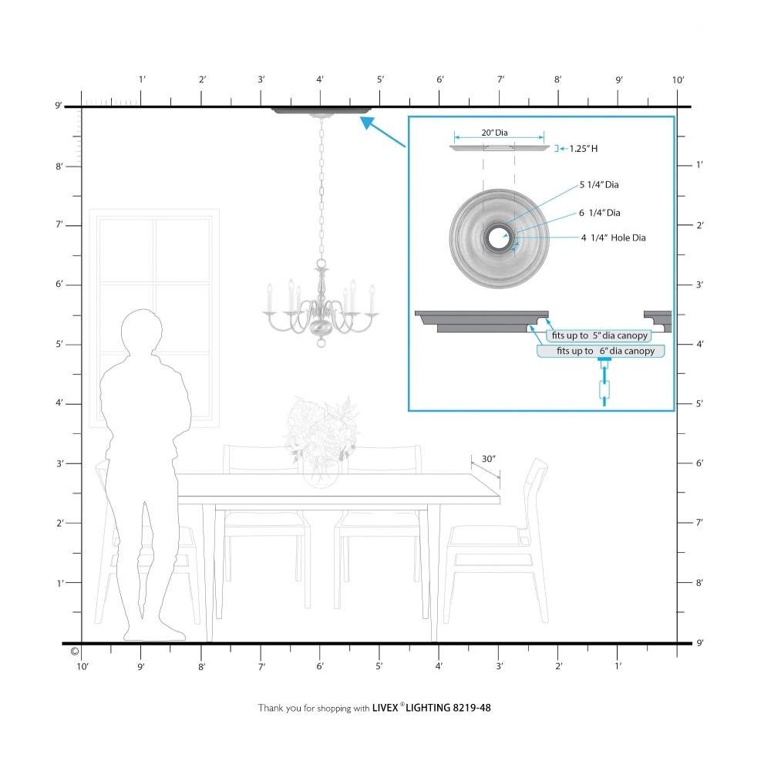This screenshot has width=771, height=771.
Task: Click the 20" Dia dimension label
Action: click(x=494, y=133)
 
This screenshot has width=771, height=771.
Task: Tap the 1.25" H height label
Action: click(x=583, y=149)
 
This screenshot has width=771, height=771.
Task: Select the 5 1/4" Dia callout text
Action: click(x=599, y=185)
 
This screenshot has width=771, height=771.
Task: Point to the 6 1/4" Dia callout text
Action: click(x=599, y=213)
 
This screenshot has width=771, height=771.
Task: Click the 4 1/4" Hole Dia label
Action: click(x=613, y=238)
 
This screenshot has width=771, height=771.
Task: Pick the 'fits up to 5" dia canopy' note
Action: click(x=599, y=335)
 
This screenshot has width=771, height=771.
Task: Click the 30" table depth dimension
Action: click(x=488, y=459)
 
